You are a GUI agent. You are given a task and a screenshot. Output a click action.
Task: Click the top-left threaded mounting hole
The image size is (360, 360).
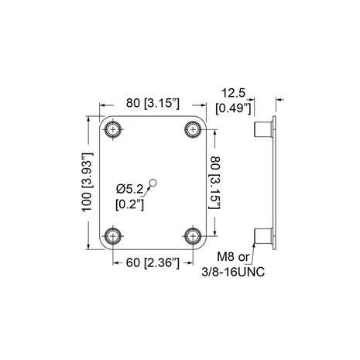pyautogui.click(x=115, y=129)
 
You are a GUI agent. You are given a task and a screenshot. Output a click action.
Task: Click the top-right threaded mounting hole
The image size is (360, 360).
pyautogui.click(x=191, y=129)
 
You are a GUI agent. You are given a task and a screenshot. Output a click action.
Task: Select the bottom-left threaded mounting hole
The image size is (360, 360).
pyautogui.click(x=115, y=235)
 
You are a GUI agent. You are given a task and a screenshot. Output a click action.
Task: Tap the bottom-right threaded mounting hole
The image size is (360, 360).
pyautogui.click(x=191, y=235)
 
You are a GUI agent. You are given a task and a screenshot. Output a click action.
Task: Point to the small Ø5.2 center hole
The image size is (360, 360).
pyautogui.click(x=153, y=183)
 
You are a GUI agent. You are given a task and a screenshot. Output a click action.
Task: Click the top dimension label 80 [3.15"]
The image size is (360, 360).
pyautogui.click(x=153, y=102)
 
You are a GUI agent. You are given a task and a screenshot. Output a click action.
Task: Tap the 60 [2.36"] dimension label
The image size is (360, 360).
pyautogui.click(x=153, y=263)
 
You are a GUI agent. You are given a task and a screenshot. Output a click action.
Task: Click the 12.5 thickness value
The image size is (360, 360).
pyautogui.click(x=228, y=91)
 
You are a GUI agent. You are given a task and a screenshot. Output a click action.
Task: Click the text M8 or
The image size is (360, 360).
pyautogui.click(x=233, y=256)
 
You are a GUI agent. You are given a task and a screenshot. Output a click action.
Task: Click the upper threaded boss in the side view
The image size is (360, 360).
pyautogui.click(x=263, y=128)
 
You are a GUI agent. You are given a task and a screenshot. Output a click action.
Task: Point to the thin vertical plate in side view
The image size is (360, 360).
pyautogui.click(x=275, y=181)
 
